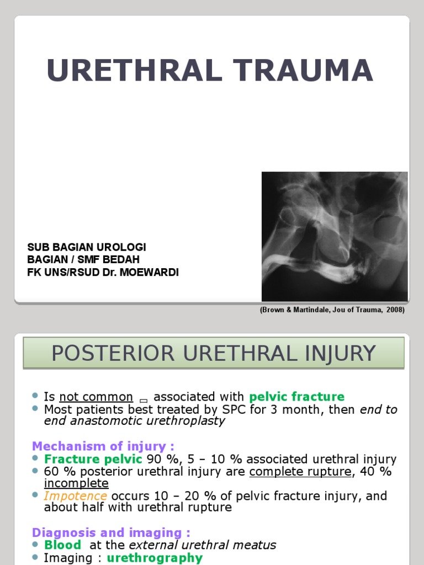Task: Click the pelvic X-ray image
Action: pyautogui.click(x=334, y=236)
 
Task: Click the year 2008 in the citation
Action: pyautogui.click(x=394, y=310)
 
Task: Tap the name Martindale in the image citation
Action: pyautogui.click(x=311, y=310)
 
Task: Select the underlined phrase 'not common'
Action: pyautogui.click(x=96, y=397)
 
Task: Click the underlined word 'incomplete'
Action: pyautogui.click(x=76, y=483)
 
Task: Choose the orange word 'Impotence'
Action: pyautogui.click(x=76, y=496)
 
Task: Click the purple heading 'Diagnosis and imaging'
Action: pyautogui.click(x=111, y=532)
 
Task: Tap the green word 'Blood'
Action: pyautogui.click(x=62, y=545)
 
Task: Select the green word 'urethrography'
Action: pyautogui.click(x=155, y=558)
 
